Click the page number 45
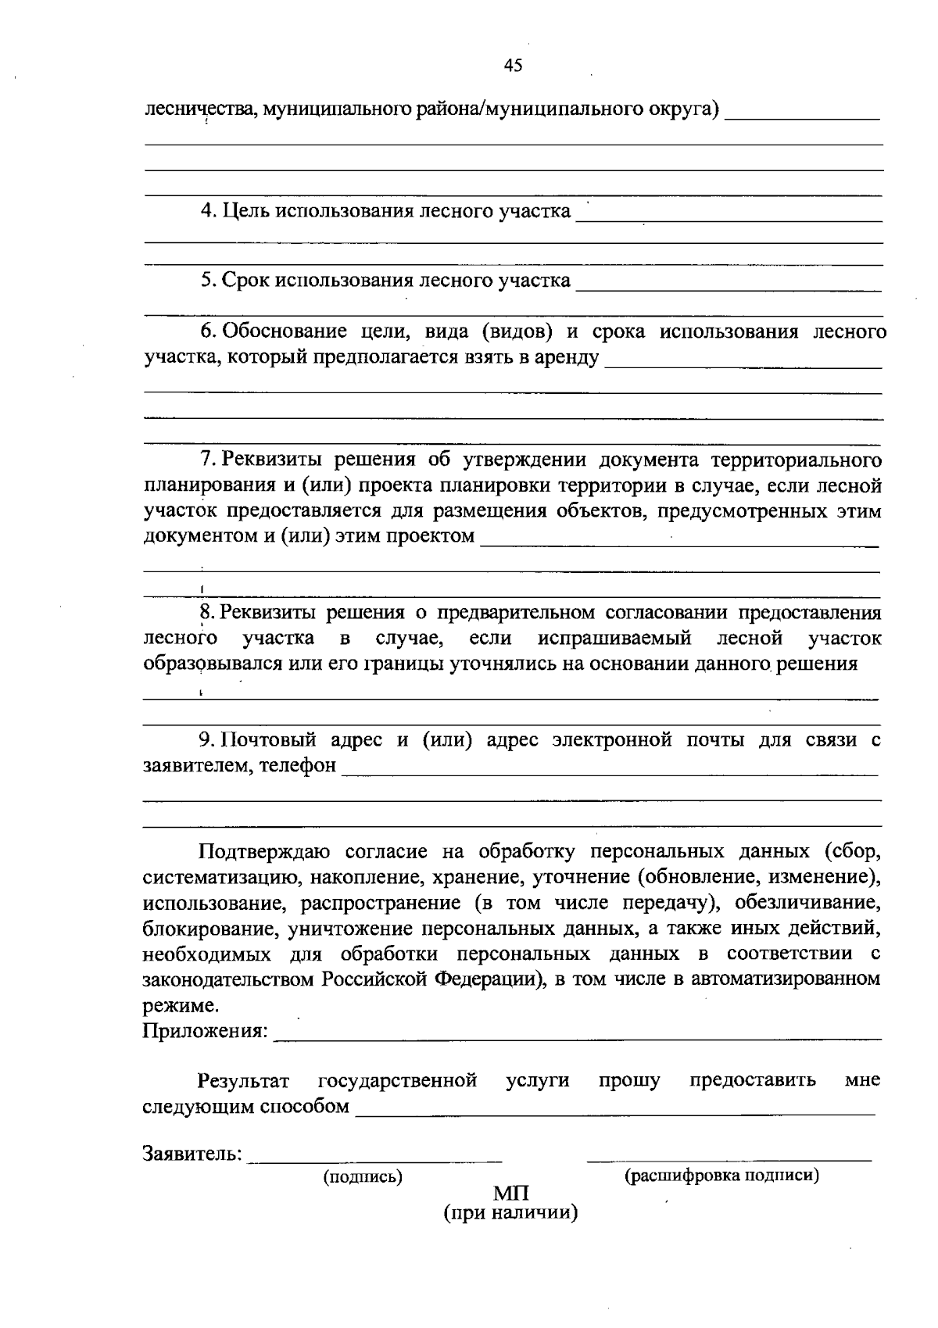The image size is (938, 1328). tap(513, 66)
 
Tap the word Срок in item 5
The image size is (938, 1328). tap(247, 280)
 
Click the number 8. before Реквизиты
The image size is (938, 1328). tap(208, 612)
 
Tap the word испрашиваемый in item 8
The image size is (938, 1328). tap(614, 638)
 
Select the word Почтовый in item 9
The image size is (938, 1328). tap(269, 739)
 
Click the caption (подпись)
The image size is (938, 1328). tap(363, 1176)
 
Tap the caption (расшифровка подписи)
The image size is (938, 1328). tap(721, 1176)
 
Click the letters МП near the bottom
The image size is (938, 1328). tap(511, 1194)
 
